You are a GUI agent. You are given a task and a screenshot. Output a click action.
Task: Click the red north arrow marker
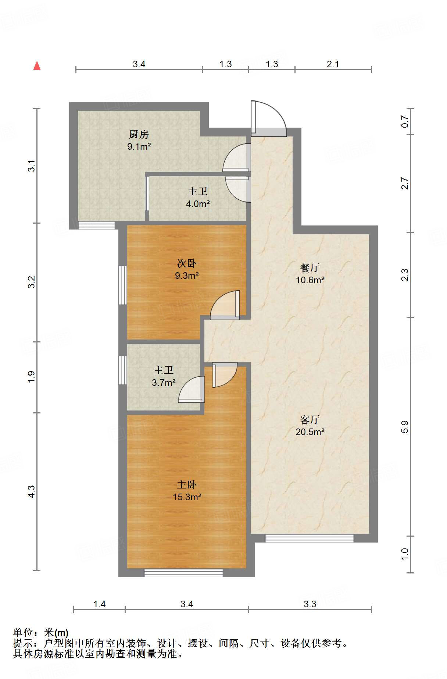click(37, 65)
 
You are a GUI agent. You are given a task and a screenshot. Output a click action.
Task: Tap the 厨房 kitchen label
click(139, 134)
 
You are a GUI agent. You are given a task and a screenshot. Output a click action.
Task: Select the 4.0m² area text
click(198, 204)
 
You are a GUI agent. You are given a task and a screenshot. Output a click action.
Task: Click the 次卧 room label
click(186, 263)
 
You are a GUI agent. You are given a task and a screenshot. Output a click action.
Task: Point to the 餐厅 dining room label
click(310, 268)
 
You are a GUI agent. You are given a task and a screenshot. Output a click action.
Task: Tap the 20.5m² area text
click(310, 432)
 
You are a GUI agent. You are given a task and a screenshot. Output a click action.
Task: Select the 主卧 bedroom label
click(186, 485)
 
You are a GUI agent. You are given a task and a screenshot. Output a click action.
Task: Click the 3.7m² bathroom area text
click(164, 383)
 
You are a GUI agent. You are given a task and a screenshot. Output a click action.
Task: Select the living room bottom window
click(309, 538)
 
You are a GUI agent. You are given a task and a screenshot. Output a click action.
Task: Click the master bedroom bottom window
click(183, 573)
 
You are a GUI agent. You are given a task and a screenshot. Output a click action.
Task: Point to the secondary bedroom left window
click(122, 285)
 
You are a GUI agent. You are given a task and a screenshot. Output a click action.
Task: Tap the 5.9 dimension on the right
click(405, 427)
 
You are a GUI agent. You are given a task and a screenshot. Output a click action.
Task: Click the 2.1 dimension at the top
click(333, 64)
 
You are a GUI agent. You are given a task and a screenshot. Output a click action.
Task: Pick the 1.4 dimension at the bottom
click(99, 604)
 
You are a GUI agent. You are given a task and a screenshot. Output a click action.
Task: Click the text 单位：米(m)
click(41, 632)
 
